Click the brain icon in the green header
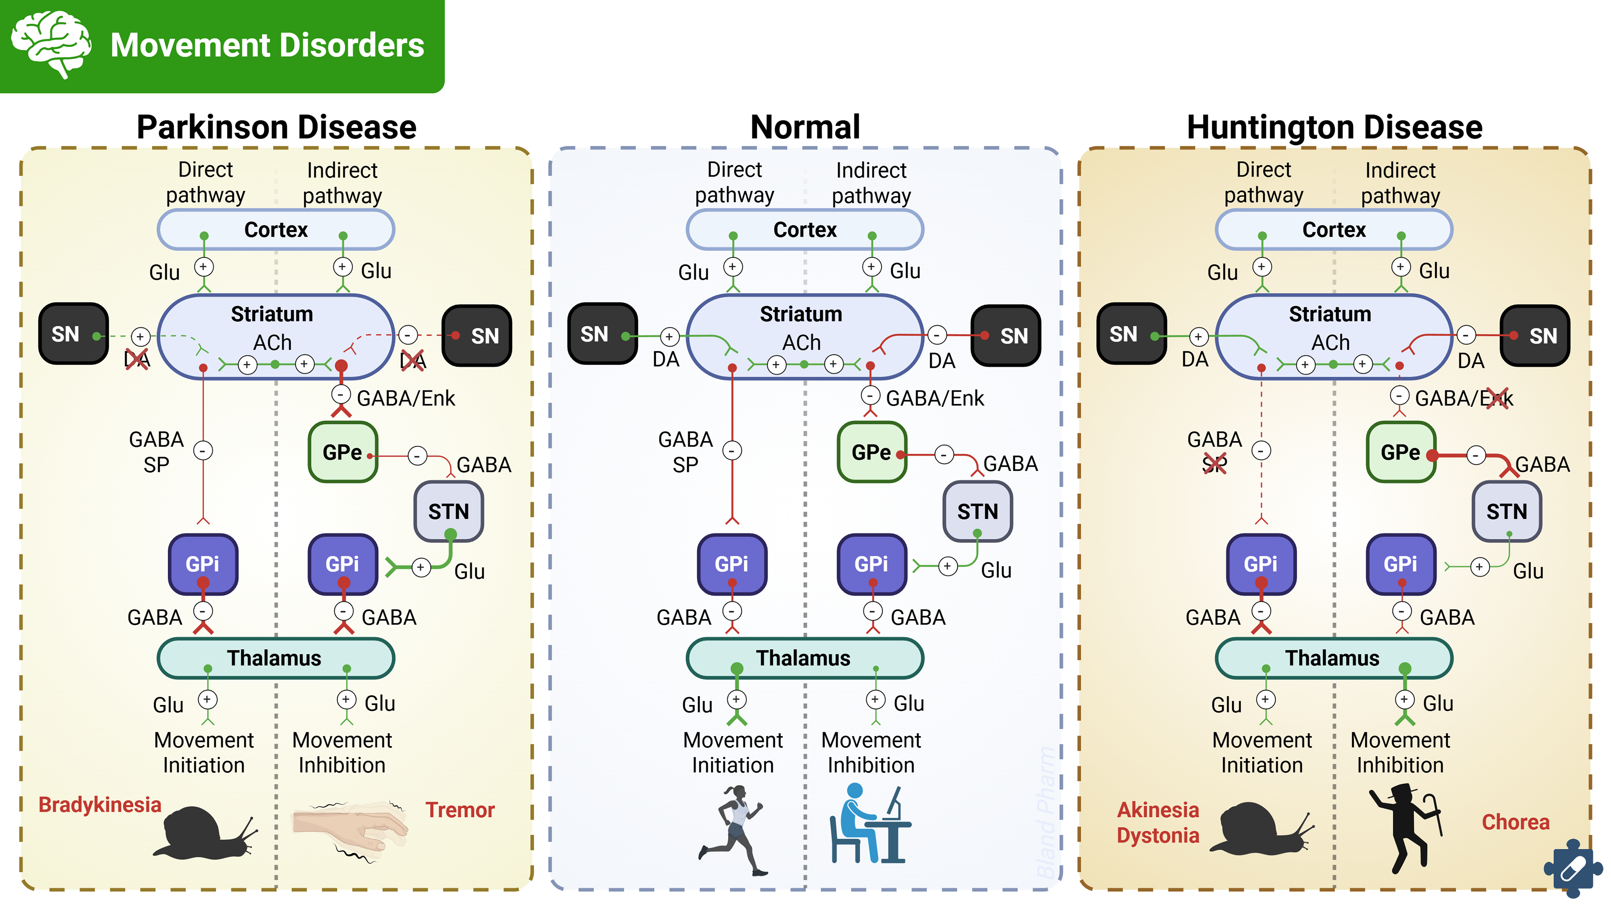click(x=51, y=44)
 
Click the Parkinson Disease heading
click(x=276, y=127)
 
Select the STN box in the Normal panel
click(x=978, y=512)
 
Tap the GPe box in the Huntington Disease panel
click(x=1400, y=452)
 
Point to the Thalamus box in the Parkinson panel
click(x=275, y=658)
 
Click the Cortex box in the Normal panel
click(x=805, y=229)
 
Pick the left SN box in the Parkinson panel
click(x=73, y=334)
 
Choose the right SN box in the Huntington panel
click(x=1535, y=336)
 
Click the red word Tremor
click(x=460, y=810)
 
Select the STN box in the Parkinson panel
click(x=448, y=512)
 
